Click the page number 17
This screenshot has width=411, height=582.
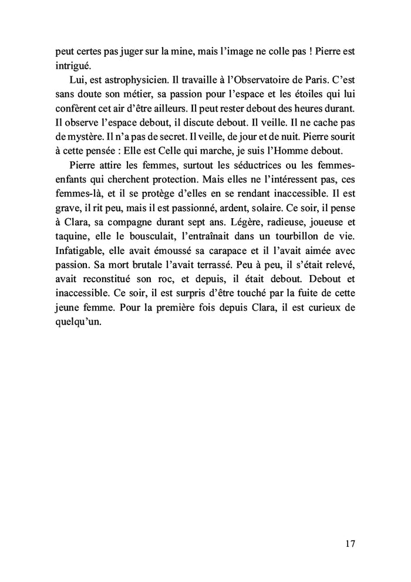point(349,544)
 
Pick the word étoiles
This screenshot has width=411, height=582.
point(299,95)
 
